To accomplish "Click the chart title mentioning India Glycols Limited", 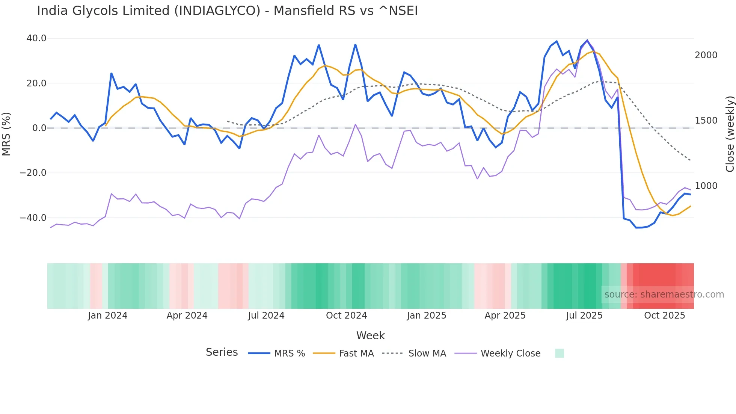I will (x=227, y=11).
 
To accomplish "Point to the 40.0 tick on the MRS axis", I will (x=36, y=38).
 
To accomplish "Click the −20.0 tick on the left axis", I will (x=33, y=173).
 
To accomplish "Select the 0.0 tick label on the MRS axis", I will (x=39, y=128).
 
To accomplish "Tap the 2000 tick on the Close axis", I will (x=706, y=55).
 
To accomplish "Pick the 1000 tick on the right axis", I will (x=706, y=186).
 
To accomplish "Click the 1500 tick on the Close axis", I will (x=706, y=121).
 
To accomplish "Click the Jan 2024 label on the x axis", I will (x=108, y=316).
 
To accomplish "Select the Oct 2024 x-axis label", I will (x=346, y=316).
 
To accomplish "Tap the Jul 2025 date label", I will (x=584, y=316).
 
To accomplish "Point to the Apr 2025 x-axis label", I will (x=505, y=316).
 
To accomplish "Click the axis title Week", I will (x=370, y=335).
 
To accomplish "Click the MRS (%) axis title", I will (x=6, y=134).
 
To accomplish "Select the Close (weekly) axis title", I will (x=730, y=134).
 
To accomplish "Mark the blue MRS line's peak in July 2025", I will (x=587, y=40).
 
